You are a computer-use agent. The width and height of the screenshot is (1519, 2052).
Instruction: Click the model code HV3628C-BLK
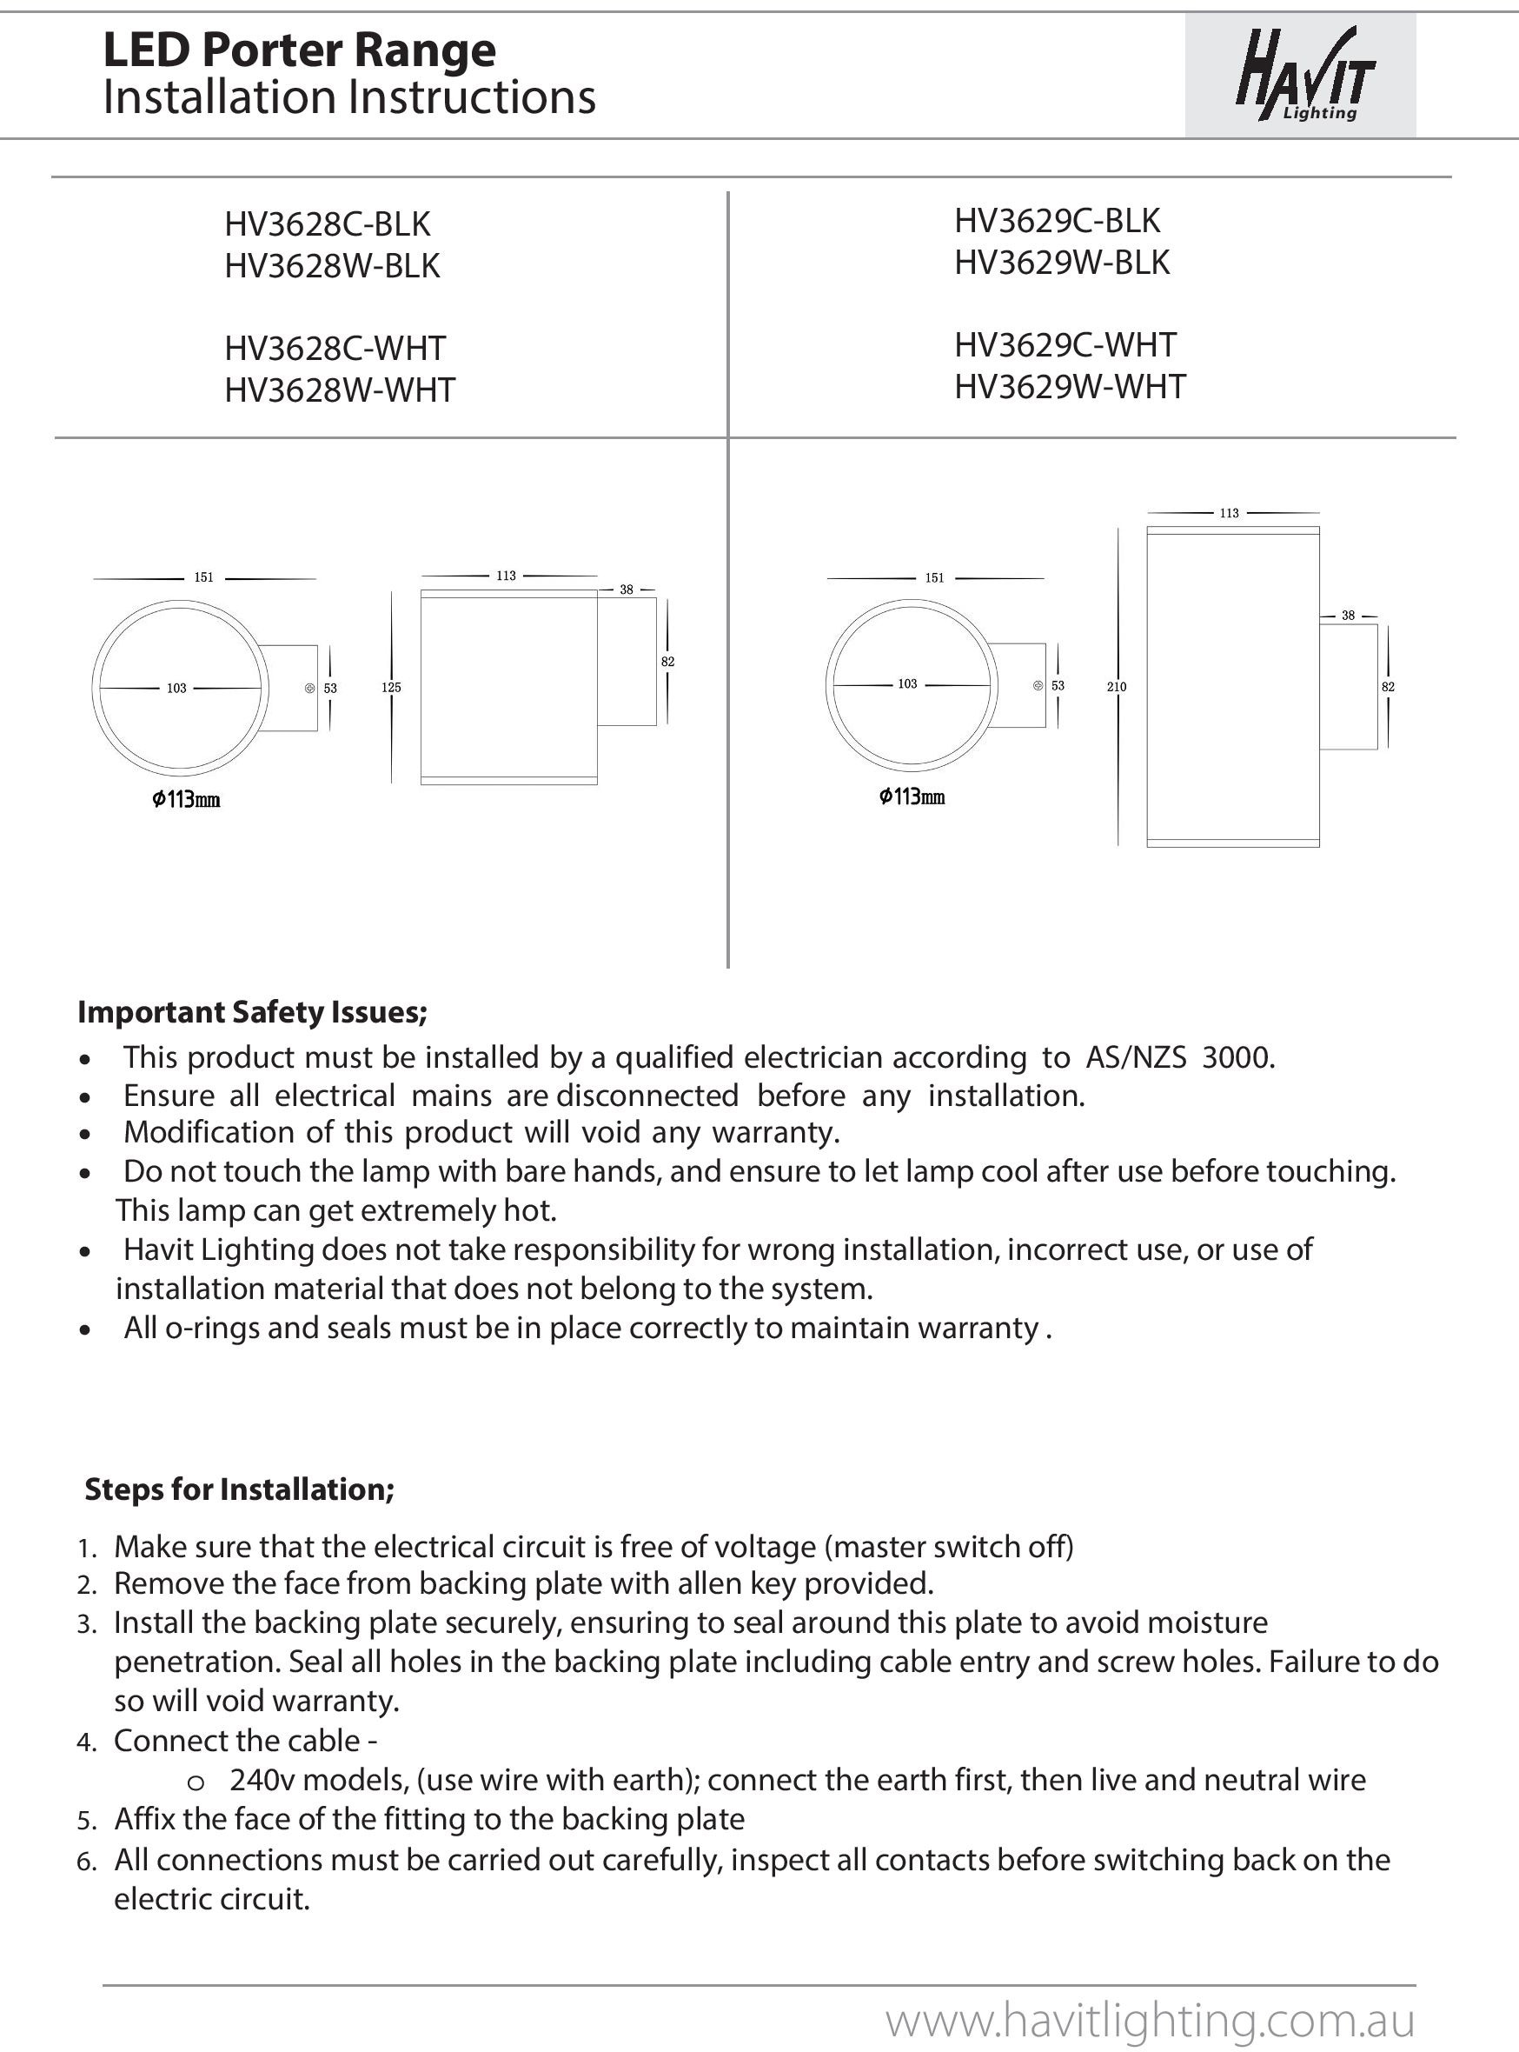pos(328,224)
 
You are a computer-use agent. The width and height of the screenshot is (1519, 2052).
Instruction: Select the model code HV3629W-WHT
pos(1070,387)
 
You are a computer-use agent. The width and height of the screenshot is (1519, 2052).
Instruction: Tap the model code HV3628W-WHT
pos(339,391)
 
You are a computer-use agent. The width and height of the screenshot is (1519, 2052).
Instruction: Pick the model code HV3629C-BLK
pos(1058,222)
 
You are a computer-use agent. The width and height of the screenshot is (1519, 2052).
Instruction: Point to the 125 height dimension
pos(391,687)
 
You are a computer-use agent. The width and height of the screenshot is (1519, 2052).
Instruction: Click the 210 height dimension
pos(1118,687)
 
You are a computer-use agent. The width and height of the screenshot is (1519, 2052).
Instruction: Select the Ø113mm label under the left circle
pos(186,799)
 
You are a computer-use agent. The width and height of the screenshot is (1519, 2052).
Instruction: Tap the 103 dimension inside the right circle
pos(906,684)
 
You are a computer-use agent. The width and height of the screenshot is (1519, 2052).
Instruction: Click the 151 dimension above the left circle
pos(203,577)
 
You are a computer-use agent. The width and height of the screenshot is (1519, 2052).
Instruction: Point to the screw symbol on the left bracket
pos(310,688)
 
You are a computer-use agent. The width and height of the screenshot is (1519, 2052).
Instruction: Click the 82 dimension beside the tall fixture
pos(1389,687)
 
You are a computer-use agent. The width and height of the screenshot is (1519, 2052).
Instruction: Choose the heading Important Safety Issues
pos(252,1012)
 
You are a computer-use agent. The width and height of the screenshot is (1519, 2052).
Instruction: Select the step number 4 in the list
pos(86,1743)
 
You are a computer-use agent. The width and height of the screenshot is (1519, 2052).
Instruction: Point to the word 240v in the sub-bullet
pos(263,1781)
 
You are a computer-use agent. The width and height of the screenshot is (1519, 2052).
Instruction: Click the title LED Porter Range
pos(300,50)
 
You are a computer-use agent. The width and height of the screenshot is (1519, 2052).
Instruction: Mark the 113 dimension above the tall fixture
pos(1230,513)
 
